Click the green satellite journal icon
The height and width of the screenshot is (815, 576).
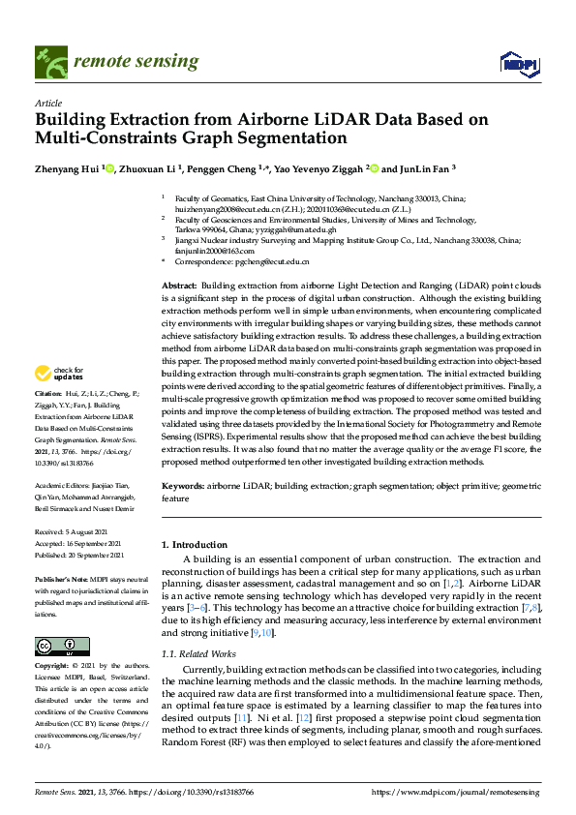tap(47, 63)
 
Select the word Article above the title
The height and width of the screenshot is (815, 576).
tap(48, 104)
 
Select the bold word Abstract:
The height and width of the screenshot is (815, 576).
tap(179, 287)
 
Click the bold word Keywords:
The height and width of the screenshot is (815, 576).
tap(183, 483)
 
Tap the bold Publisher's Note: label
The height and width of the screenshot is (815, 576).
tap(60, 578)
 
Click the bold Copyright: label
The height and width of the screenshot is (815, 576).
tap(51, 667)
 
